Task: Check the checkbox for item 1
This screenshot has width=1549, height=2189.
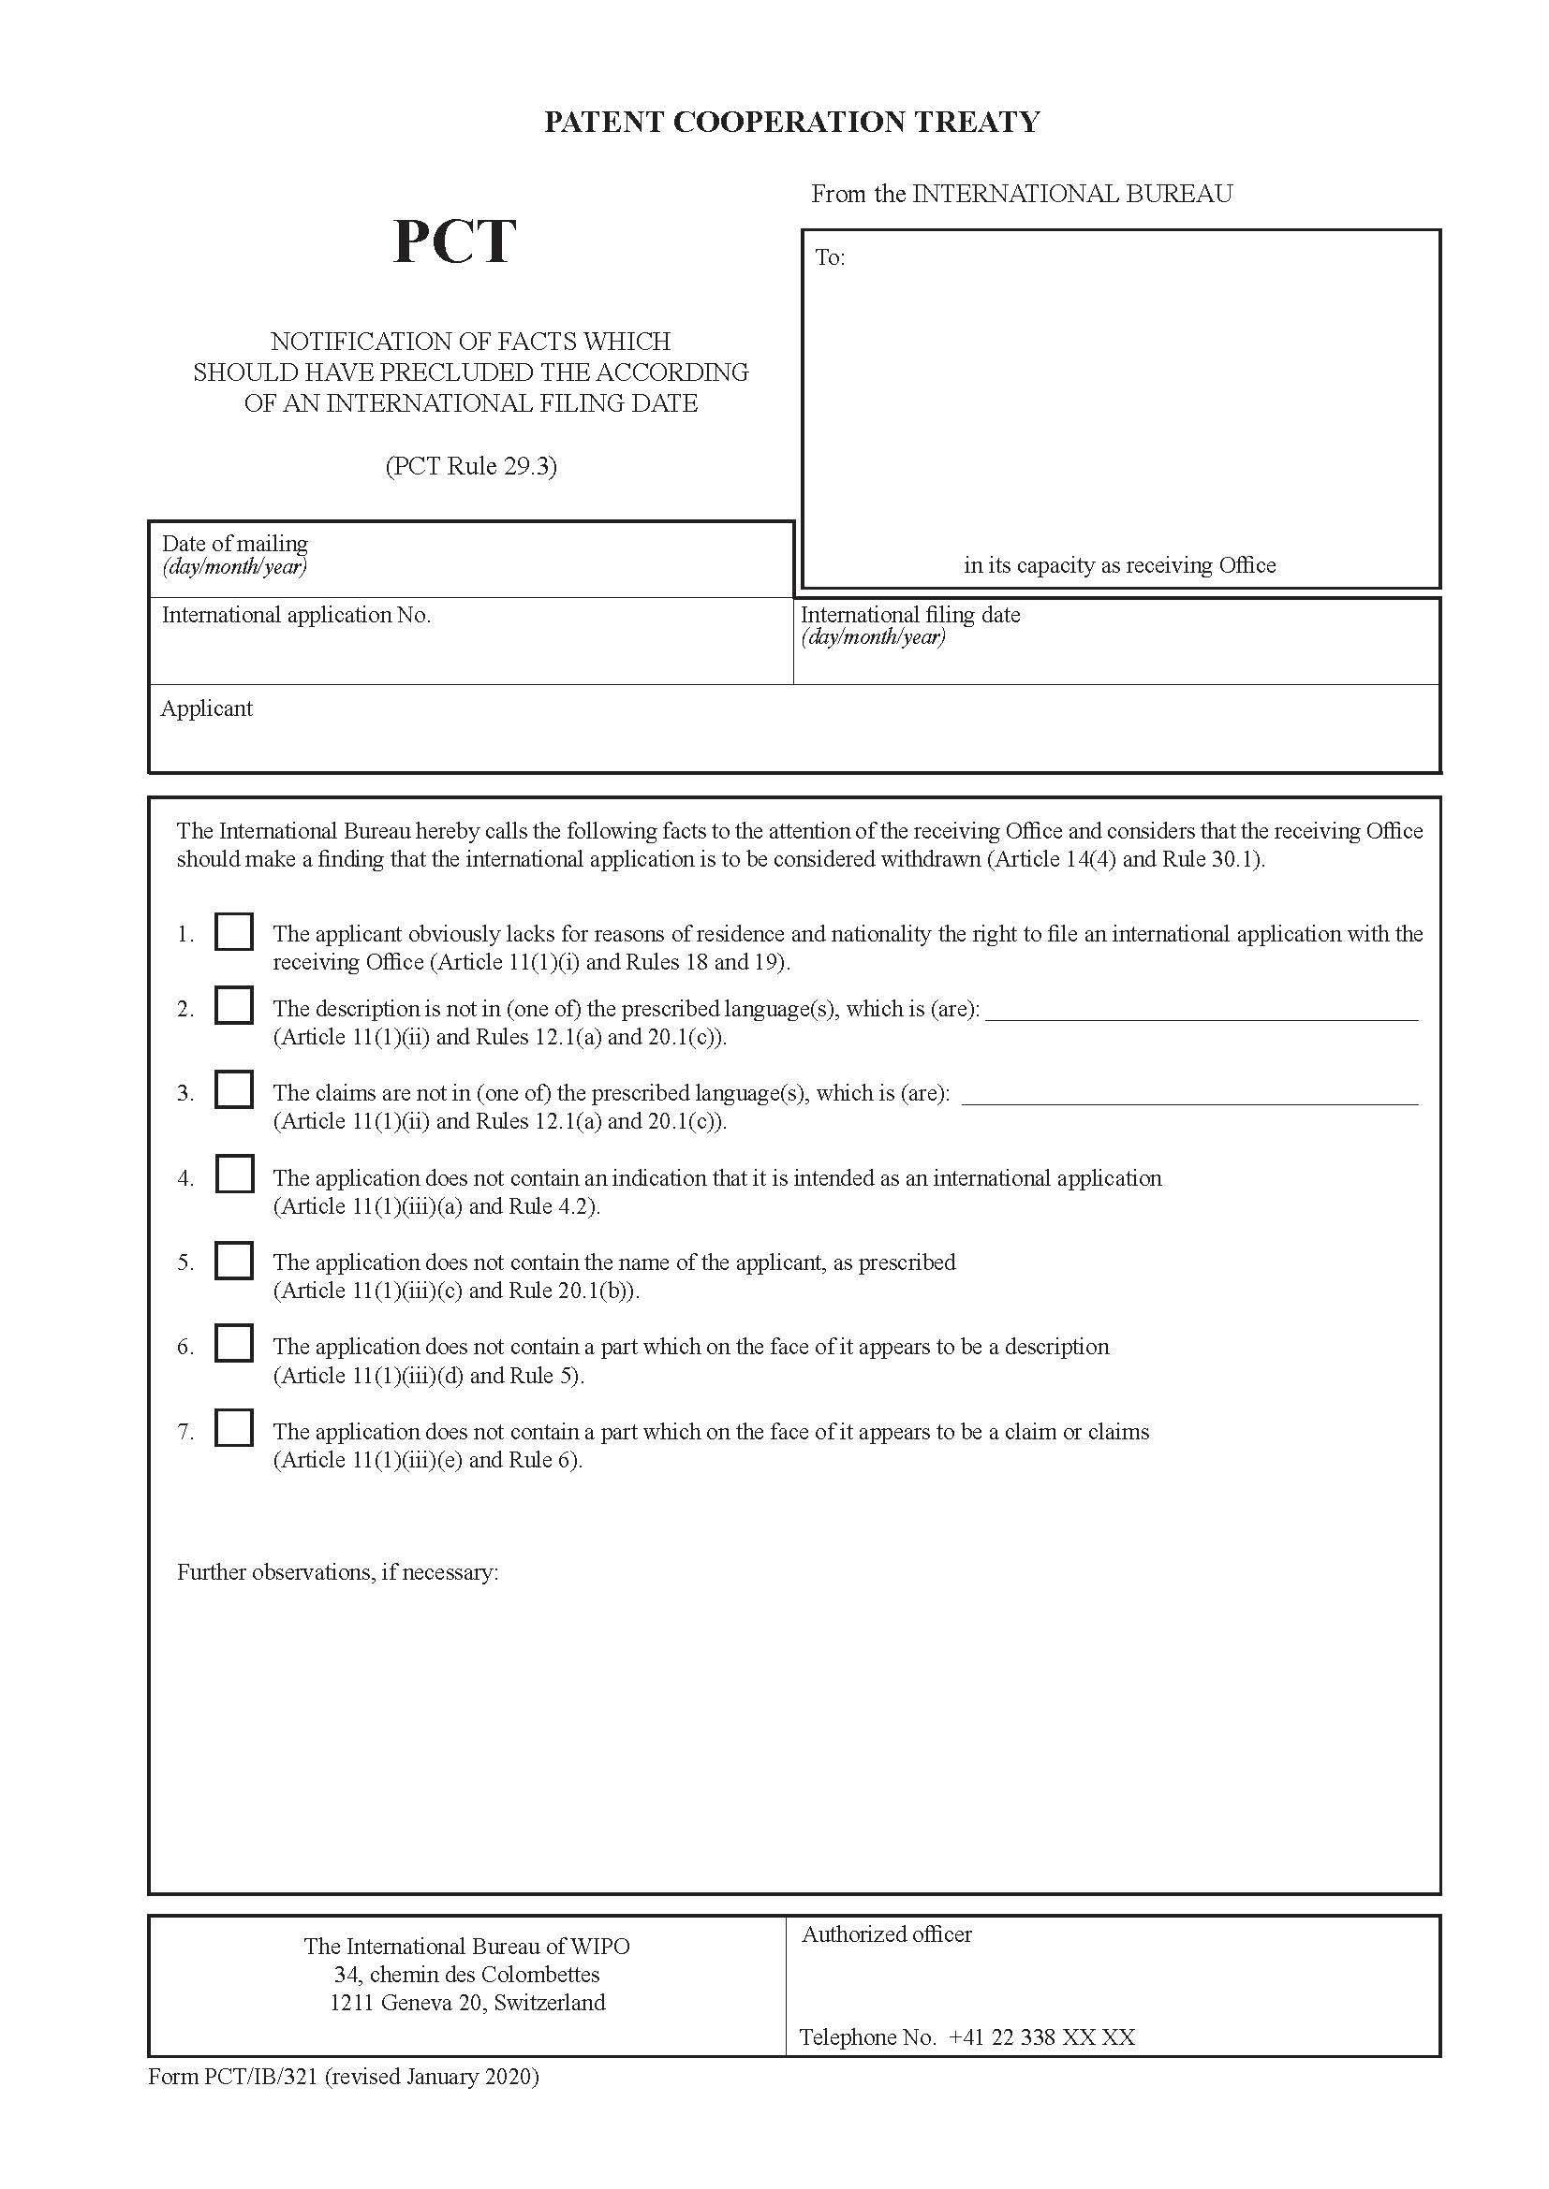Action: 234,931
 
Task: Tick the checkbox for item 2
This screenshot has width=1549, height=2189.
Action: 234,1005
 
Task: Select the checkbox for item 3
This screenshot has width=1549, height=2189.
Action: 234,1088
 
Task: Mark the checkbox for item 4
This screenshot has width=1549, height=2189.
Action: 234,1174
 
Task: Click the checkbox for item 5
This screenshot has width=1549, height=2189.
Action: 234,1260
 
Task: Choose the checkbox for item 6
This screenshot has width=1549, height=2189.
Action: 234,1343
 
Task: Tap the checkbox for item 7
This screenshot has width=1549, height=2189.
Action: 234,1428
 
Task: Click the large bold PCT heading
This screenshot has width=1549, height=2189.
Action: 454,241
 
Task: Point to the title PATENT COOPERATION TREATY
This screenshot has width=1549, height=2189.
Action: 791,122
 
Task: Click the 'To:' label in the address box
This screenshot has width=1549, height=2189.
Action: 830,257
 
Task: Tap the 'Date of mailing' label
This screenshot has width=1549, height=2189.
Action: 235,544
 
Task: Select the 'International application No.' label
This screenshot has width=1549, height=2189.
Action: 296,615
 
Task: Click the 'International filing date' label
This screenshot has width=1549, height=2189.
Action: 910,615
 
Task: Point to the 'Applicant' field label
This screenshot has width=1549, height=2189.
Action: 206,708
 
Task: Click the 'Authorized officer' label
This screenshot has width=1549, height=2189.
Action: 886,1934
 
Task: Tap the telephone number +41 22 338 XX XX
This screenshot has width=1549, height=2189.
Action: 1041,2037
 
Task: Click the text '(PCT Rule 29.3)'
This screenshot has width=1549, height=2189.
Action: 471,466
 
